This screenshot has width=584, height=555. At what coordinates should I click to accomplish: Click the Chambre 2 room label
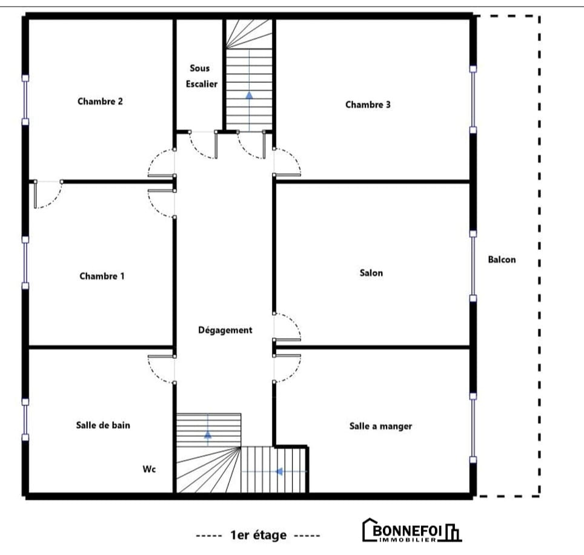click(x=100, y=101)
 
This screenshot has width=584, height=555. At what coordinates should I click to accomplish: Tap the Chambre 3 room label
click(x=368, y=105)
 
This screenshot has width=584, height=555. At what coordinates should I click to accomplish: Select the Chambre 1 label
click(x=102, y=276)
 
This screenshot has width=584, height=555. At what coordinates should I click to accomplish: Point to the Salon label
click(x=371, y=273)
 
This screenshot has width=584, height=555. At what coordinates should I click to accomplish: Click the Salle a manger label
click(x=380, y=426)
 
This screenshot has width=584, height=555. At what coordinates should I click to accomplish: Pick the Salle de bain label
click(x=103, y=425)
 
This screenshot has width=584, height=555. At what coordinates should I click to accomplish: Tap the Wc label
click(x=149, y=469)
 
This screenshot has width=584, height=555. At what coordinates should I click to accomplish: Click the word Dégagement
click(x=225, y=330)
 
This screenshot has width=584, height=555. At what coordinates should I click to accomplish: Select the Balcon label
click(x=502, y=259)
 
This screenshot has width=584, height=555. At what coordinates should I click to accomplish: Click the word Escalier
click(x=202, y=84)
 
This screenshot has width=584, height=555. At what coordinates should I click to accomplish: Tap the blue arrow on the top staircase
click(x=249, y=95)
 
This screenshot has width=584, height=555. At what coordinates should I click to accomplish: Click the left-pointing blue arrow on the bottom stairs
click(x=279, y=471)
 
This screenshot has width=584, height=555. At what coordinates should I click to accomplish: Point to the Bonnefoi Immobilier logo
click(x=411, y=530)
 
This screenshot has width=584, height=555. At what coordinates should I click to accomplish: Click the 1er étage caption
click(x=258, y=535)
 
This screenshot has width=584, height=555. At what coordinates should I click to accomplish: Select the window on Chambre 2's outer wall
click(x=25, y=100)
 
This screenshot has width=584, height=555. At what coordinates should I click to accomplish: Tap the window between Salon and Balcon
click(x=473, y=266)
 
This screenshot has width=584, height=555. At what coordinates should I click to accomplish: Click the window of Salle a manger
click(x=473, y=428)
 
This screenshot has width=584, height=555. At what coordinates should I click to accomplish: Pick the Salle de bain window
click(x=25, y=419)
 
